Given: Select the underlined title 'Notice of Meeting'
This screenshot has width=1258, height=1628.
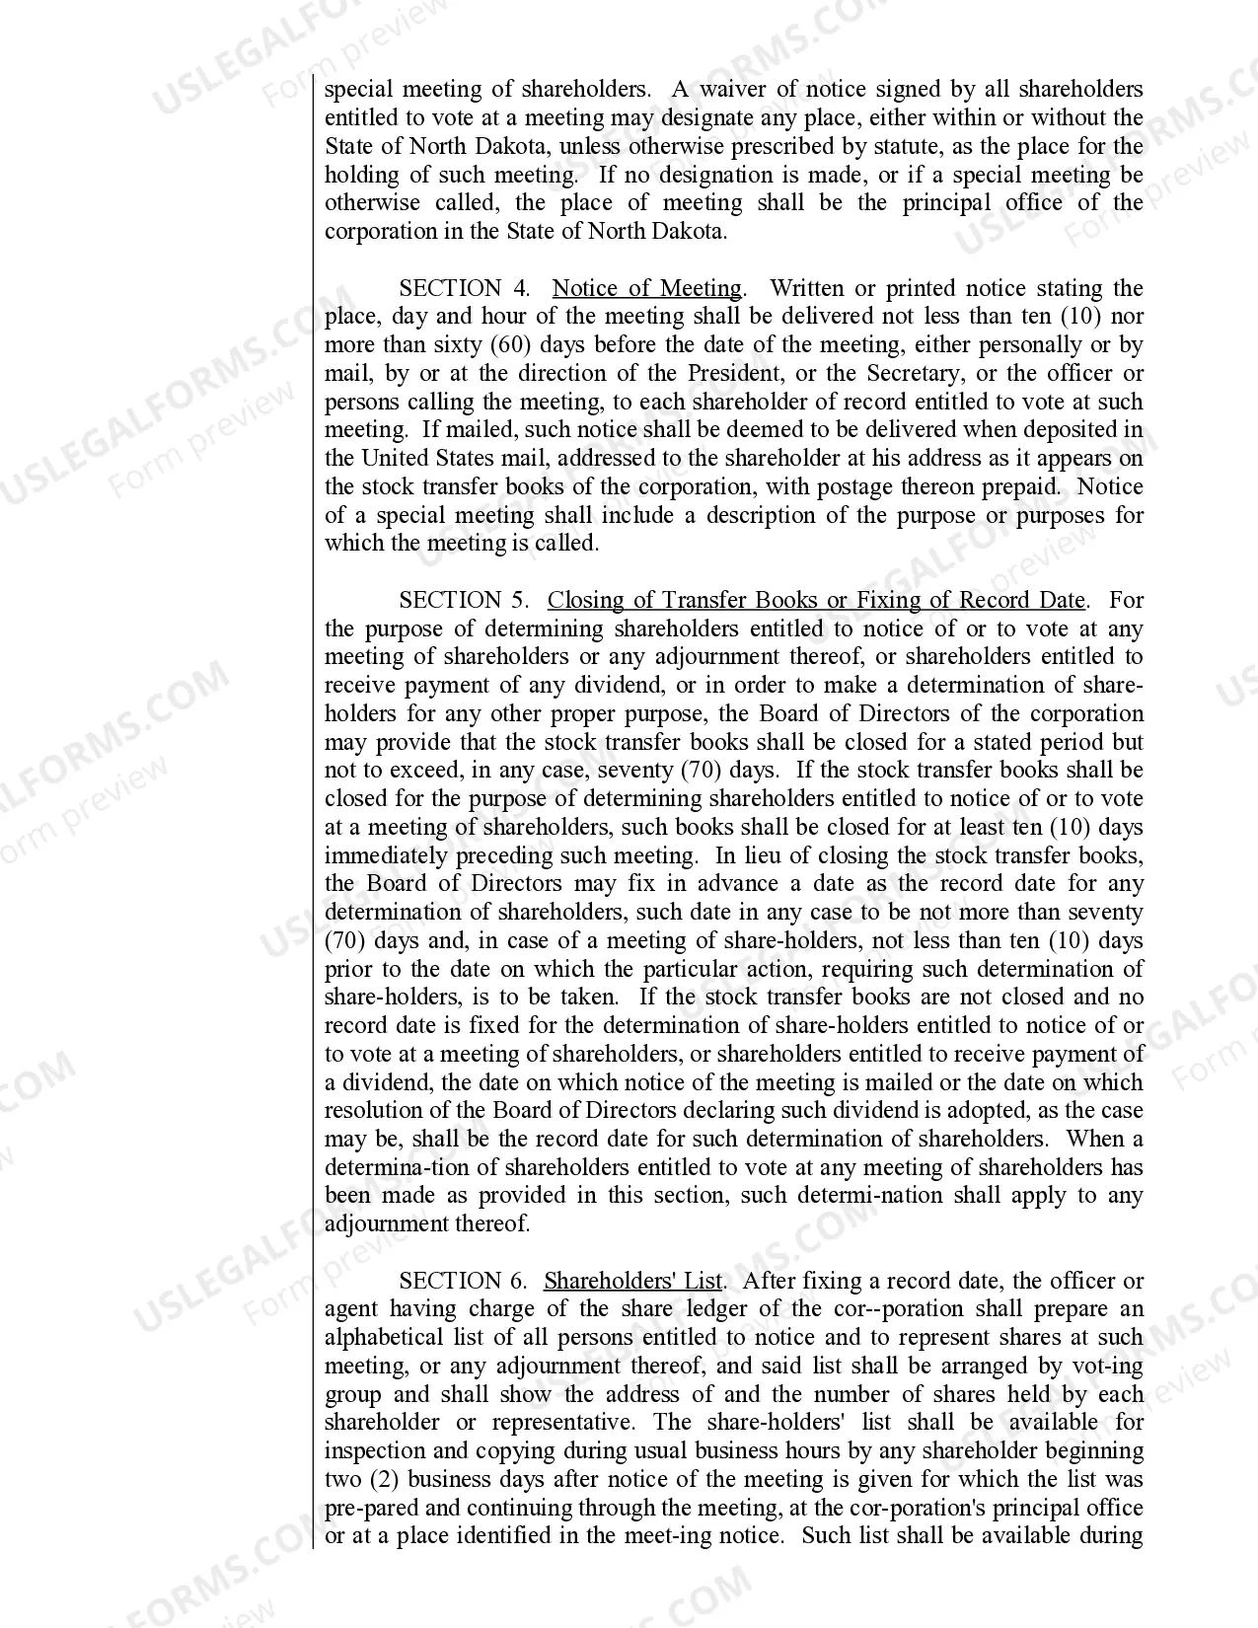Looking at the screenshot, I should click(646, 288).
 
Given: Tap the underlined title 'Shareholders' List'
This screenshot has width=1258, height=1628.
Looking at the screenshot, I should click(632, 1281).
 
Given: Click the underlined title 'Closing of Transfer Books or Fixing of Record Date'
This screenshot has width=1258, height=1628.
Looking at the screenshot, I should click(816, 600).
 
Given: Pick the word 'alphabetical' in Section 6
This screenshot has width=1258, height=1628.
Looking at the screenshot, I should click(385, 1338).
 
